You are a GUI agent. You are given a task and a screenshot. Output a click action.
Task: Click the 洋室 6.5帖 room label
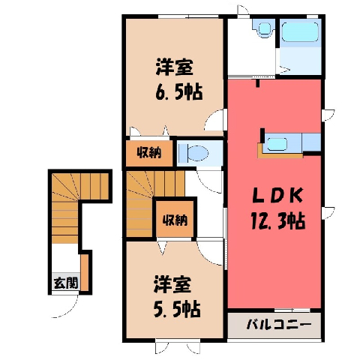coord(179,79)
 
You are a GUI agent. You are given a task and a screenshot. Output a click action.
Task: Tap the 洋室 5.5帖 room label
coord(177,296)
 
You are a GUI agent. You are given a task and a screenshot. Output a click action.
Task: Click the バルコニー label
coord(279,325)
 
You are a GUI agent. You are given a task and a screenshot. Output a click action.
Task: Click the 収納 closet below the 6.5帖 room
coord(149,153)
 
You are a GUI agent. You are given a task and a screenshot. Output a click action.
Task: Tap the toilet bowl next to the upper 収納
coord(195,152)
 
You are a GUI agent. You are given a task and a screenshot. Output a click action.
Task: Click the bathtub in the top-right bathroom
coord(300,31)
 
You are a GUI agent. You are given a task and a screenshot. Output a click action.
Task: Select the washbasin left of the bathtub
coord(264,28)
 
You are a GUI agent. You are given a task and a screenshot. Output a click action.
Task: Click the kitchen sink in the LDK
coord(277,144)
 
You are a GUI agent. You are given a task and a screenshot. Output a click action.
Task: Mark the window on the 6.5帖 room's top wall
coord(188,16)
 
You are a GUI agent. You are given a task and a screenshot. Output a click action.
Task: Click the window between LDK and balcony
coord(292,310)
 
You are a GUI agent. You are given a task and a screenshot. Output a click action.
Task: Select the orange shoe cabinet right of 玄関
coord(85,272)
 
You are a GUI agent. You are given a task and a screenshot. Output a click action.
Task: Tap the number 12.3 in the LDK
coord(268,220)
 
